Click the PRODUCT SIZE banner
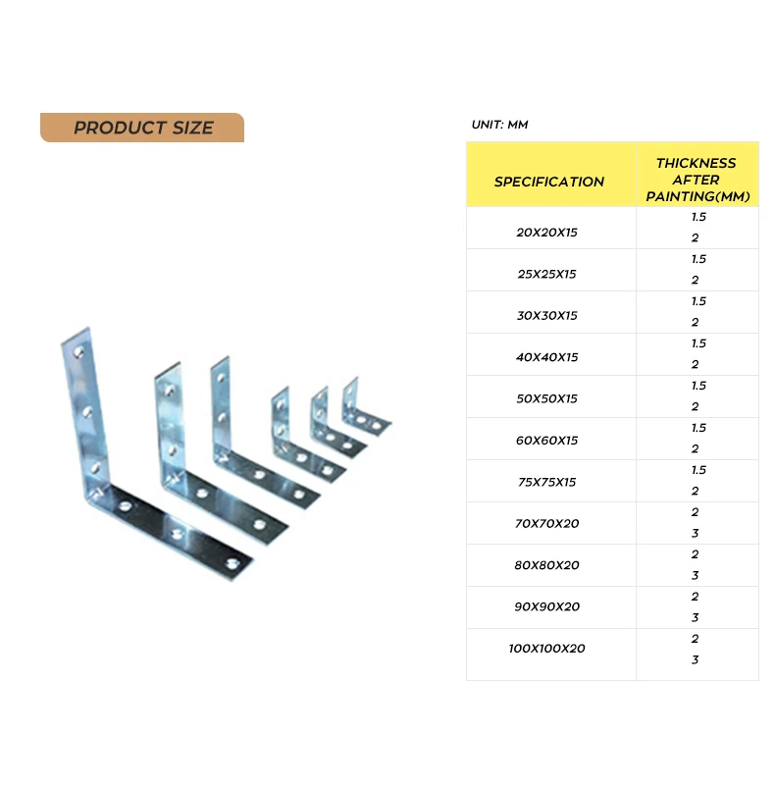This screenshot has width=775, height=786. pos(142,128)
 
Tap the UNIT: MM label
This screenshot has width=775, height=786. pos(499,125)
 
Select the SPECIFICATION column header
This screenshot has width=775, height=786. pos(548,182)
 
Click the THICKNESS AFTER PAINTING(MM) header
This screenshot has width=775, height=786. pos(697,180)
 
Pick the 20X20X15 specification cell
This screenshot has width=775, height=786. pos(546,233)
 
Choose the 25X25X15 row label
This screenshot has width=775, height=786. pos(546,274)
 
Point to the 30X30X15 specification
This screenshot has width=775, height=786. pos(546,316)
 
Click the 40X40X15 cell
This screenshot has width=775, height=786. pos(546,357)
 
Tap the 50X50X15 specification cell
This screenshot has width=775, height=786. pos(546,399)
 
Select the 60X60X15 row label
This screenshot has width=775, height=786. pos(546,441)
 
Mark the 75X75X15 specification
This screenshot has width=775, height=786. pos(546,483)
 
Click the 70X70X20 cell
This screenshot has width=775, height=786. pos(546,524)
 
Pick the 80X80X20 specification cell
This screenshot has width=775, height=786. pos(546,565)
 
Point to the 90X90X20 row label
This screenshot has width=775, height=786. pos(546,606)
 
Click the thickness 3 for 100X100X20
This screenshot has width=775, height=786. pos(695,660)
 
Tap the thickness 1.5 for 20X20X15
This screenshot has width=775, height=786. pos(697,217)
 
